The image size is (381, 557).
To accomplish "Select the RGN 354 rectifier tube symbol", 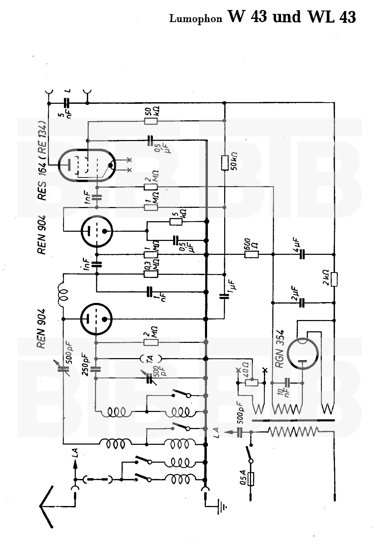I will (303, 354).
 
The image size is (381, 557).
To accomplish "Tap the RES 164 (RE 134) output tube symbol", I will (87, 165).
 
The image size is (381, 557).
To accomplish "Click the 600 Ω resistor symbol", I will (252, 254).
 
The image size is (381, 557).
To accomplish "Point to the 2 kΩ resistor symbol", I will (334, 279).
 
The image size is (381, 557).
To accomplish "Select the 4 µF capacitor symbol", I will (302, 254).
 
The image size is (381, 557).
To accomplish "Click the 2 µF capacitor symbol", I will (302, 303).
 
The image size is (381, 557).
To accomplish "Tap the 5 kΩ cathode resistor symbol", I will (176, 221).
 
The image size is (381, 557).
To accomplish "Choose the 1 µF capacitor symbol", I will (224, 296).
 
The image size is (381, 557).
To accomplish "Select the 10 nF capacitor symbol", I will (288, 383).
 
